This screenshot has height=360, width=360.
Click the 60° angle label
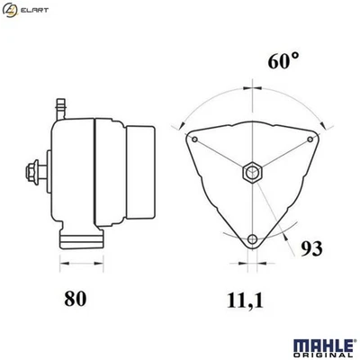tap(282, 61)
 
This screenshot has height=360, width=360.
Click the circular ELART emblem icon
tap(12, 10)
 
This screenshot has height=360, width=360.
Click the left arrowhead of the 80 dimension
tap(62, 263)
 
